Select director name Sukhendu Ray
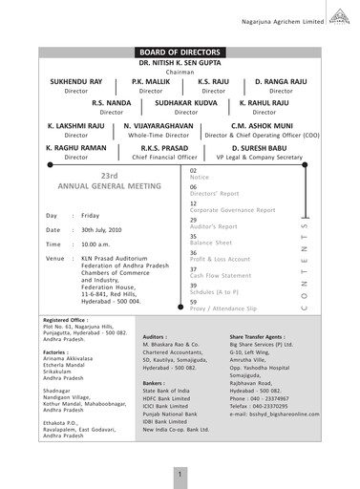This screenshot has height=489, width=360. [x=75, y=83]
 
